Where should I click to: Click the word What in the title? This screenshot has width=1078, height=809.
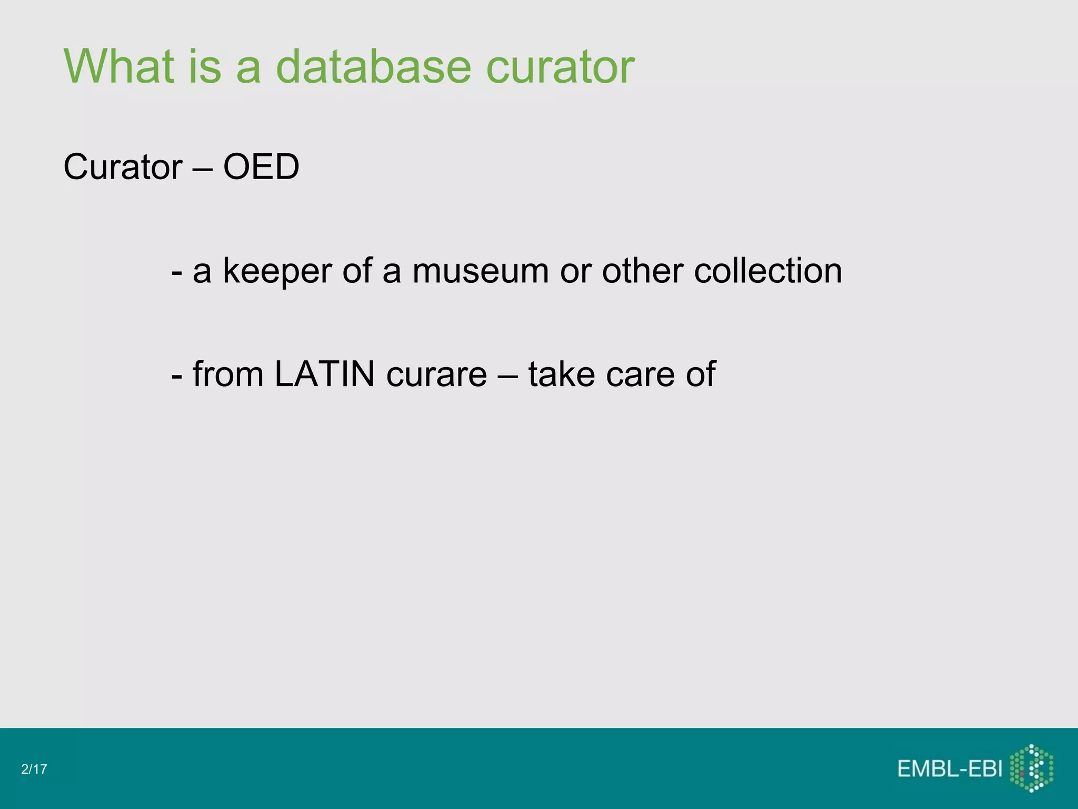click(x=119, y=66)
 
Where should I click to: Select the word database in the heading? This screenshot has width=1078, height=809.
click(x=373, y=66)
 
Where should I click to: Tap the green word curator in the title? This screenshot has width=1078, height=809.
click(x=560, y=67)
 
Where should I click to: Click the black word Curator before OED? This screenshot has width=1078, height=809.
click(x=123, y=167)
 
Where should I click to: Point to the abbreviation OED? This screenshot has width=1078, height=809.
click(x=261, y=167)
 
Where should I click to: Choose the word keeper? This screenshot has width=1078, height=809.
click(x=277, y=271)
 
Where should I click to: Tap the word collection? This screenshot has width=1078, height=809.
click(x=768, y=271)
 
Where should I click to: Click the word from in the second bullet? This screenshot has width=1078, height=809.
click(x=228, y=374)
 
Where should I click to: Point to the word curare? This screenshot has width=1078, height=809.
click(x=436, y=375)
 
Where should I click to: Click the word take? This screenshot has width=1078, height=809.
click(x=561, y=374)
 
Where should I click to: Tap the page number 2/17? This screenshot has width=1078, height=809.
click(x=34, y=769)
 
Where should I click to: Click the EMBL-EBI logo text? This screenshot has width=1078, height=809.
click(x=950, y=769)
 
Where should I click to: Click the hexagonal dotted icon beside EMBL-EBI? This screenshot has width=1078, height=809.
click(x=1032, y=768)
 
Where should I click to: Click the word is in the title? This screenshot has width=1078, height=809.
click(x=204, y=66)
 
